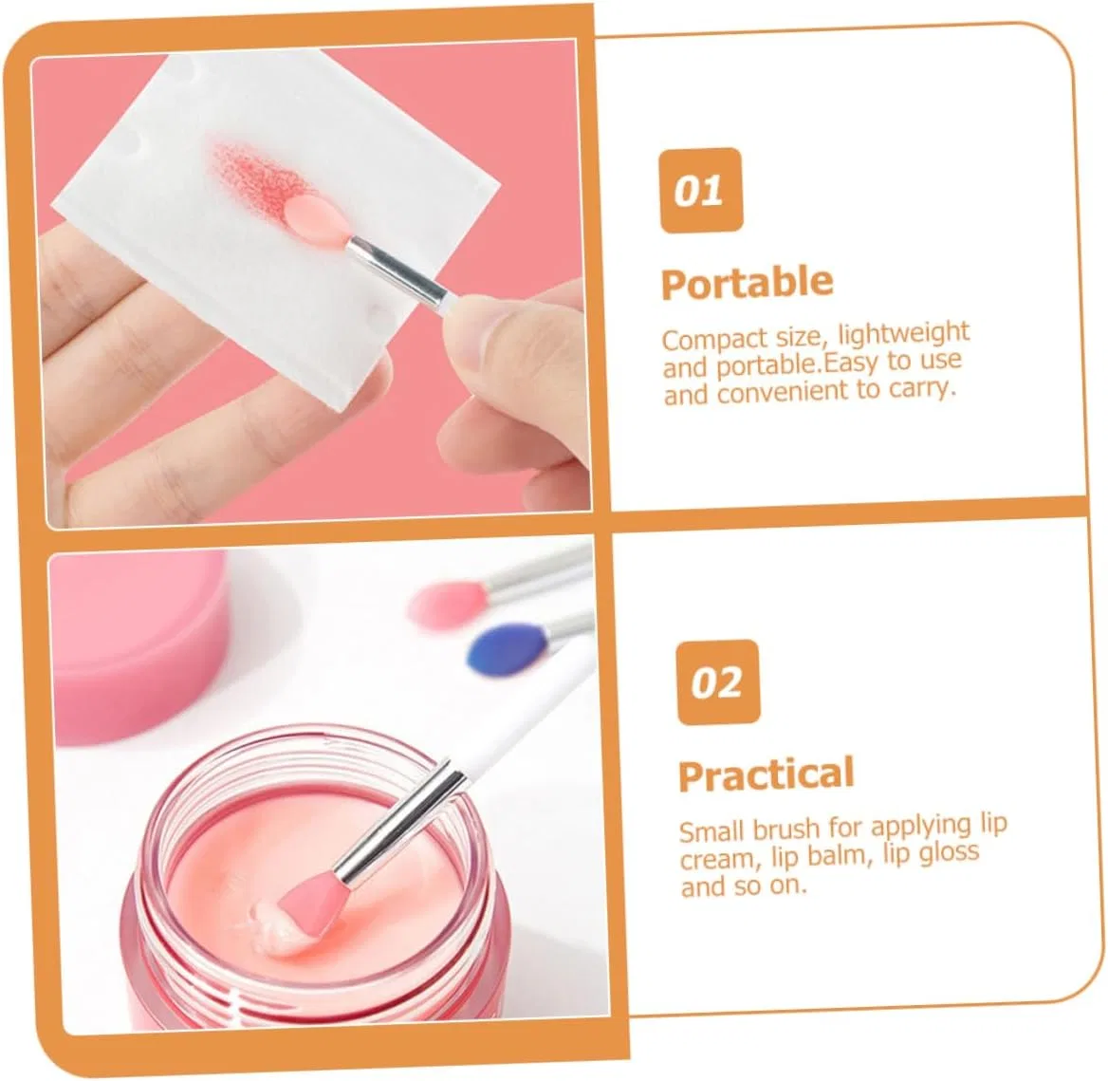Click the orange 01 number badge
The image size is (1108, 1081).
(x=701, y=190)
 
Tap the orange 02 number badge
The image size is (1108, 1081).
(x=718, y=682)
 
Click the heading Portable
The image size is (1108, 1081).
(x=747, y=283)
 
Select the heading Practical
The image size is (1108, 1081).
(x=766, y=774)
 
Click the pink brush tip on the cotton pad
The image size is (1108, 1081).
(x=316, y=217)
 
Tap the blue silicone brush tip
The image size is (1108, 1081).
(x=508, y=646)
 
